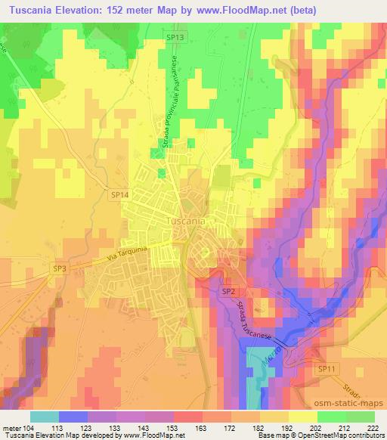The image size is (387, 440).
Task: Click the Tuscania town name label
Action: [x=184, y=221]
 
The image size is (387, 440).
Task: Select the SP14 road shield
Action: [x=120, y=195]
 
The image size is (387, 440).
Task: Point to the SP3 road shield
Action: [x=60, y=268]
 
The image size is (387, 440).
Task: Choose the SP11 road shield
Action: [x=326, y=368]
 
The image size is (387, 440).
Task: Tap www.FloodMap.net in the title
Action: [x=237, y=10]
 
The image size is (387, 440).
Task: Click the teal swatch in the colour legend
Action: [x=44, y=416]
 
